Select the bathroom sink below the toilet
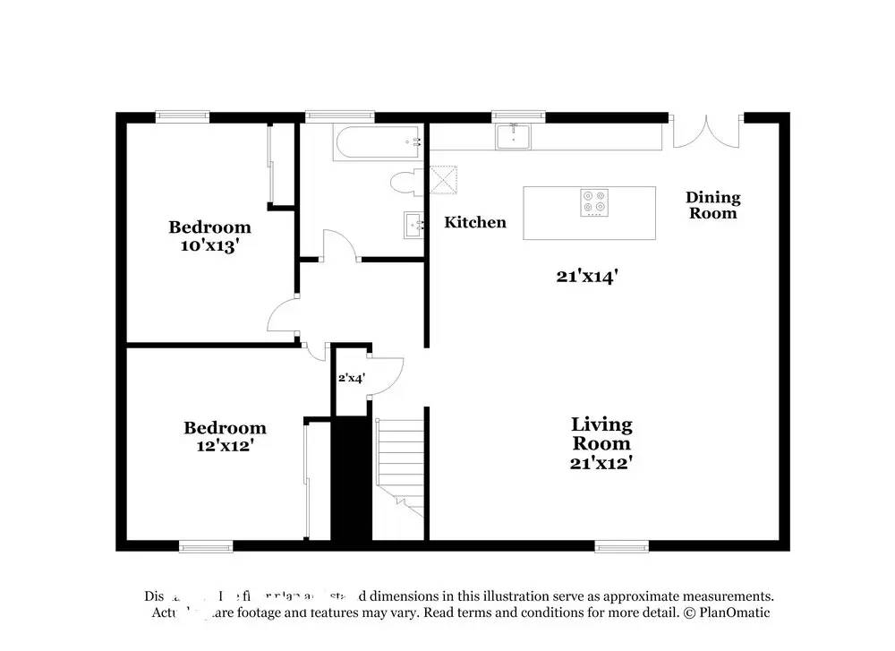coord(414,224)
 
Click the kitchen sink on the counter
coord(514,137)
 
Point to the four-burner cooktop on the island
coord(592,203)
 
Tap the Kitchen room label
coord(475,222)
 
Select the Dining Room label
coord(713,205)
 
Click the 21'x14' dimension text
coord(588,277)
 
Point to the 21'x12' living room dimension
coord(601,463)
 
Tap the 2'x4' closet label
coord(350,378)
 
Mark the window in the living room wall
coord(621,545)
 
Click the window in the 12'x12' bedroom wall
coord(206,545)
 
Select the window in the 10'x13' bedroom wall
coord(183,115)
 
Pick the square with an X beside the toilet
coord(443,180)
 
